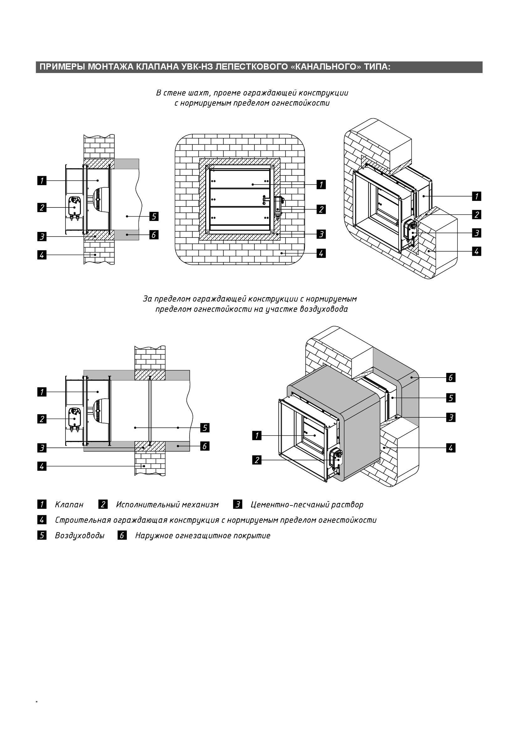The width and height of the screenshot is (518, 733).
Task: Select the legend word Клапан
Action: pyautogui.click(x=69, y=505)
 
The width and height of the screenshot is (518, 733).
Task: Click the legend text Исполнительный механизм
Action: pyautogui.click(x=167, y=505)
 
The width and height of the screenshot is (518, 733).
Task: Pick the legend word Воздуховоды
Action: pyautogui.click(x=80, y=535)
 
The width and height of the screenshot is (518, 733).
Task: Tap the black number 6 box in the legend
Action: pyautogui.click(x=122, y=535)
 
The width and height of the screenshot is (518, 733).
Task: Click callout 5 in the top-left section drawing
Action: pyautogui.click(x=154, y=217)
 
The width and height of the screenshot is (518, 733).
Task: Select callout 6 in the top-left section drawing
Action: pyautogui.click(x=154, y=235)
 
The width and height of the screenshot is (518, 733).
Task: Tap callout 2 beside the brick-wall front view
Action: pyautogui.click(x=321, y=209)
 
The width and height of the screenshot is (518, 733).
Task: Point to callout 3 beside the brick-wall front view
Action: pyautogui.click(x=321, y=234)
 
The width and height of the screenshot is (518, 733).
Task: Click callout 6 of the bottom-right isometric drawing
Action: pyautogui.click(x=451, y=378)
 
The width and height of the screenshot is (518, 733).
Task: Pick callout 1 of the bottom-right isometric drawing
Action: pyautogui.click(x=257, y=436)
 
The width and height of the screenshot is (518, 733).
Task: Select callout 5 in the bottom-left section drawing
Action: pyautogui.click(x=205, y=428)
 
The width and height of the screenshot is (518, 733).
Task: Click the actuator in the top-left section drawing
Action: pyautogui.click(x=75, y=207)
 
